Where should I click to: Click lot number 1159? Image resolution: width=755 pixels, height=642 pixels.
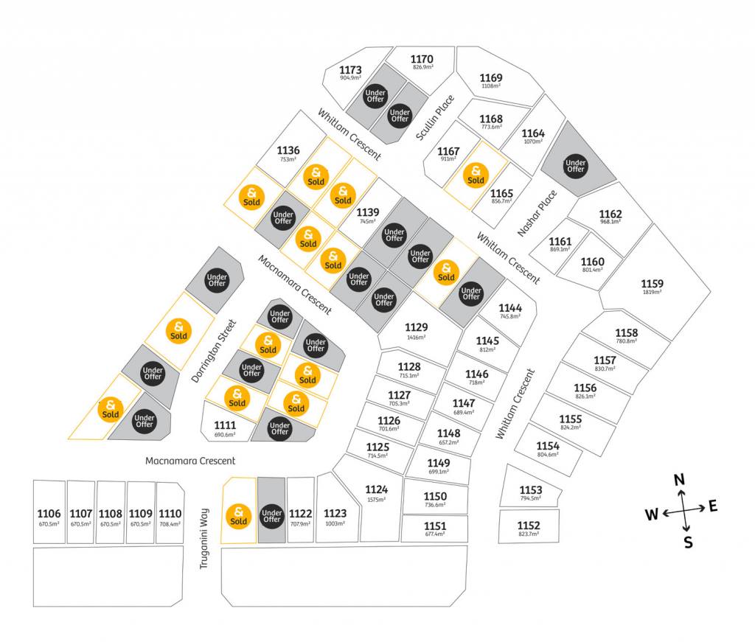(652, 284)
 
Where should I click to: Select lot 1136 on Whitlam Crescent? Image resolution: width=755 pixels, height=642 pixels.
(288, 150)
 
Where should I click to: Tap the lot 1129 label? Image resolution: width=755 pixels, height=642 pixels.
(417, 327)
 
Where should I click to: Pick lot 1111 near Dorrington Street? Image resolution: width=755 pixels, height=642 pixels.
(225, 426)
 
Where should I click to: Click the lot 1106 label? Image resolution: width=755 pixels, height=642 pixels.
(49, 513)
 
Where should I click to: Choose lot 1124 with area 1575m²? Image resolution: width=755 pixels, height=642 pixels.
(376, 489)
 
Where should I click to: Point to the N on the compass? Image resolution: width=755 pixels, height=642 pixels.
(680, 481)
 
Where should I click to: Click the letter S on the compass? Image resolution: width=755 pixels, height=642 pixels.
(688, 543)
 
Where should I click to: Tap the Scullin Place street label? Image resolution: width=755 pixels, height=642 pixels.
(435, 118)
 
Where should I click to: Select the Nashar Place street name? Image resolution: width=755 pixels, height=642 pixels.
(537, 214)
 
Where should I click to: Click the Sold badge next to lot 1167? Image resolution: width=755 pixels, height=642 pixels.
(476, 175)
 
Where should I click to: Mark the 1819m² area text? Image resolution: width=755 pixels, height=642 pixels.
(652, 292)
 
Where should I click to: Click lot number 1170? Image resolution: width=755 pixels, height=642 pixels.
(422, 59)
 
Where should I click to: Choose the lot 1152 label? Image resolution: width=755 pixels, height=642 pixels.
(529, 525)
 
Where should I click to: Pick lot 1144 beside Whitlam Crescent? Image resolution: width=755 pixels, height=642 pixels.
(510, 308)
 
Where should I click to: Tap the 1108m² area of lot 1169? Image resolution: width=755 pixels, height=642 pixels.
(491, 86)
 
